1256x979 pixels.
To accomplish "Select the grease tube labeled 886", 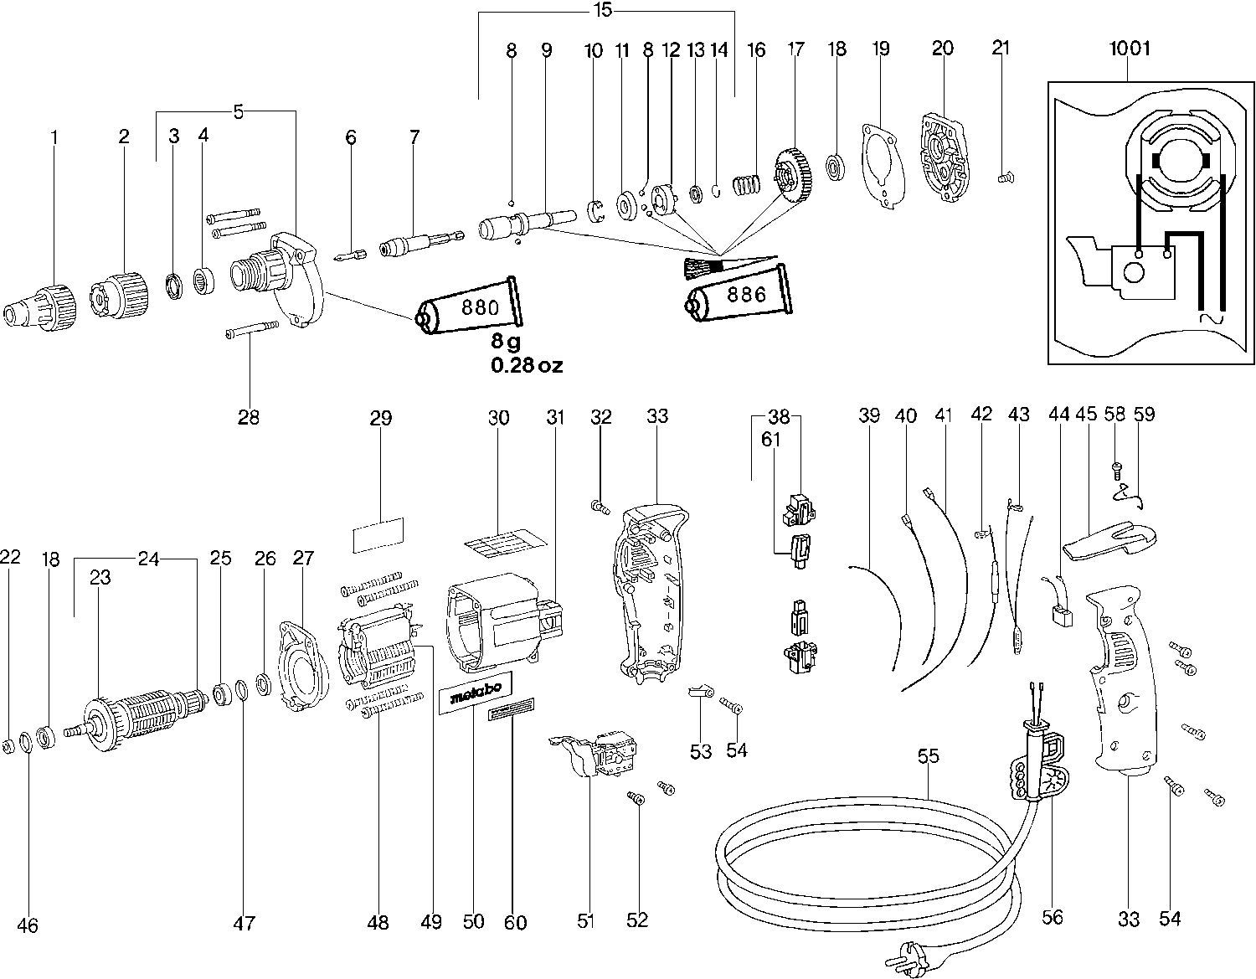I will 737,295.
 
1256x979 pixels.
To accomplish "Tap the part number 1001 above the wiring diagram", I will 1130,49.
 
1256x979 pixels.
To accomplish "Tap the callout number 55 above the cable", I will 928,756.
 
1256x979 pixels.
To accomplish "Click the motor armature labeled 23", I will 142,716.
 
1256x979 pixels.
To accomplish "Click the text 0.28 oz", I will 527,365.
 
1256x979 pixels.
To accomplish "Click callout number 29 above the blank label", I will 381,418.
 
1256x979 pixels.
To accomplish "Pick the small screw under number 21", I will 1005,177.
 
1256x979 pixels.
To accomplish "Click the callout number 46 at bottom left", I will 28,925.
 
